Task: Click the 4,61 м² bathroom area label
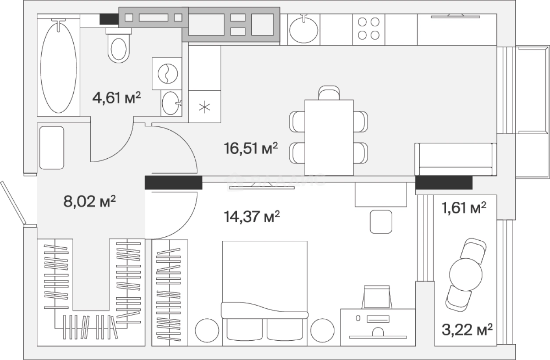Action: (117, 98)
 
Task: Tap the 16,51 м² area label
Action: (251, 149)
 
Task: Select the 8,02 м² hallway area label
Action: (89, 201)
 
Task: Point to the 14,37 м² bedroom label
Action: (252, 217)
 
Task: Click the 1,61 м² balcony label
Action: (464, 208)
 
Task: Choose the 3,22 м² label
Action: (467, 330)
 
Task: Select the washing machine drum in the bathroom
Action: (168, 73)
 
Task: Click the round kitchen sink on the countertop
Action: (304, 30)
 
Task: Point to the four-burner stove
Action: (368, 29)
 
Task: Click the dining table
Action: (329, 138)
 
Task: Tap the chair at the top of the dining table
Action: (329, 93)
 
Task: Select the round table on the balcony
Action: (466, 274)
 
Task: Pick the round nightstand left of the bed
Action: (207, 330)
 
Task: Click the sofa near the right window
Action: (455, 160)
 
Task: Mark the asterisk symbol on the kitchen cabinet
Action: (204, 107)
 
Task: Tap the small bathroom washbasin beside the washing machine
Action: (171, 103)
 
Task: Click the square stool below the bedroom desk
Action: (381, 221)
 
